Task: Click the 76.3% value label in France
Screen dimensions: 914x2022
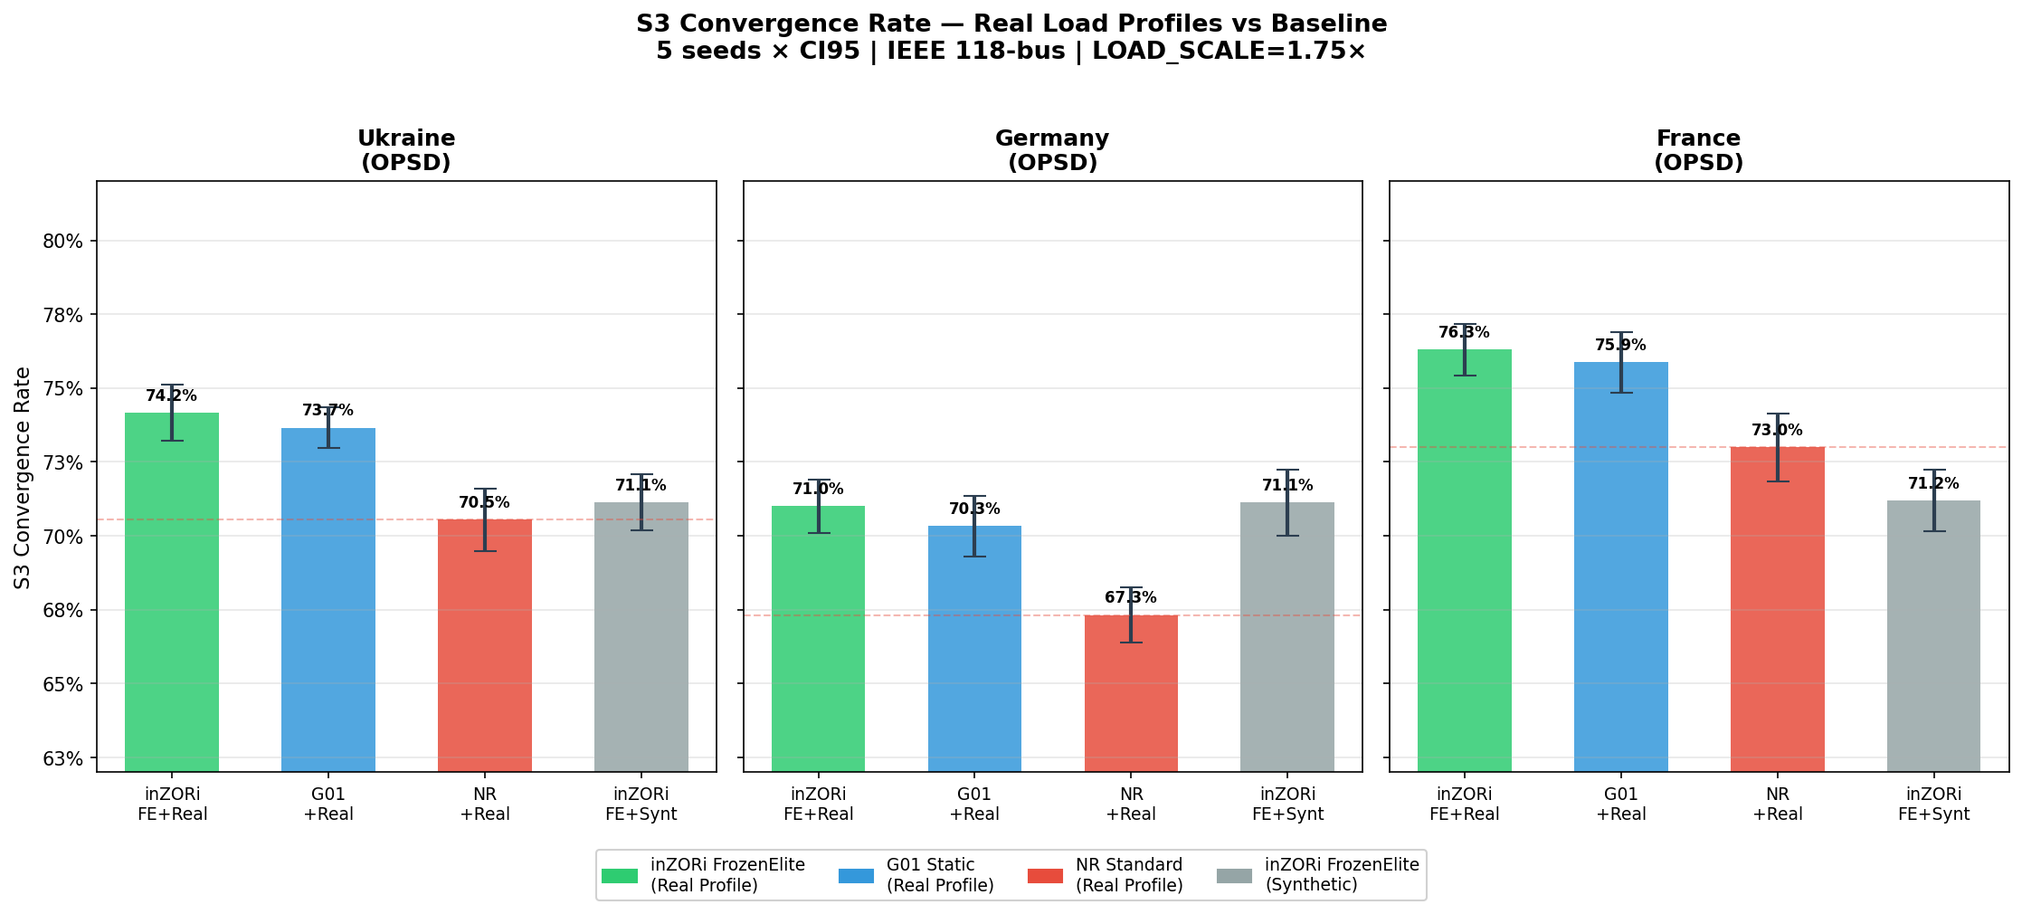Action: pyautogui.click(x=1464, y=333)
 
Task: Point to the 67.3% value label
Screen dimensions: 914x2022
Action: pyautogui.click(x=1131, y=598)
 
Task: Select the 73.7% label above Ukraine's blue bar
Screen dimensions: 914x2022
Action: pyautogui.click(x=328, y=411)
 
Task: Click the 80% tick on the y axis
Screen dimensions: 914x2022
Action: pyautogui.click(x=63, y=242)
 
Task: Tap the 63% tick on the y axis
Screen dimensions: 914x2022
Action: pyautogui.click(x=63, y=758)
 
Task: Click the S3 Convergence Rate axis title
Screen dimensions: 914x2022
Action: pyautogui.click(x=23, y=477)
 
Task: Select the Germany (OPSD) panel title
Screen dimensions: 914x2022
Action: pyautogui.click(x=1052, y=150)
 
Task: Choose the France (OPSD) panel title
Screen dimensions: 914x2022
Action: pyautogui.click(x=1698, y=150)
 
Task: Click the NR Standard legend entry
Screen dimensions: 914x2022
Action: pyautogui.click(x=1128, y=875)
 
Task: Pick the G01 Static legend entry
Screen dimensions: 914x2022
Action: pyautogui.click(x=939, y=875)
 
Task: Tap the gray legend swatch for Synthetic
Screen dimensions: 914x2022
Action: pyautogui.click(x=1234, y=876)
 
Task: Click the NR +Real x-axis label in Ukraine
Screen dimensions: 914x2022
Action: pyautogui.click(x=485, y=805)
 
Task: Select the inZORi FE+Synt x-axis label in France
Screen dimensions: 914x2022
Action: pyautogui.click(x=1933, y=805)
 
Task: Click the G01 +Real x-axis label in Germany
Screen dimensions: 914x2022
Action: pyautogui.click(x=974, y=805)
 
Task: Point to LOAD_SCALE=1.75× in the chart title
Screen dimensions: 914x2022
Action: pyautogui.click(x=1229, y=52)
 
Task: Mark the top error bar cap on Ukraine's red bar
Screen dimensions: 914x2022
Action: pyautogui.click(x=485, y=489)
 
